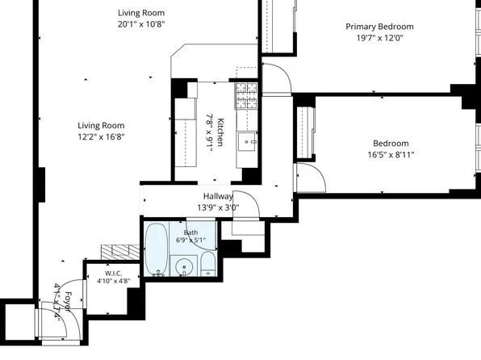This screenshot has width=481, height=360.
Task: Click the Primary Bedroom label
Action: tap(379, 27)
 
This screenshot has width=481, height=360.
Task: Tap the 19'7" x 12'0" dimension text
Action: tap(379, 38)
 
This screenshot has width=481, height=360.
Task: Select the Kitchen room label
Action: tap(220, 132)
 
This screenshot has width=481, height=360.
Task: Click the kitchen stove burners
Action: tap(246, 95)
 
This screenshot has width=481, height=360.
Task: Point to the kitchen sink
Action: tap(247, 142)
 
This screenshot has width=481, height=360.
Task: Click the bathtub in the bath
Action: tap(157, 249)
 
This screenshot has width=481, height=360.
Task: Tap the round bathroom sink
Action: tap(184, 266)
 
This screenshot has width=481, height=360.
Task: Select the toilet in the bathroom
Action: tap(208, 264)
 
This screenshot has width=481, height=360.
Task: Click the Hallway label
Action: tap(218, 196)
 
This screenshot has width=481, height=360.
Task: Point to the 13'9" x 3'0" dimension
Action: tap(218, 207)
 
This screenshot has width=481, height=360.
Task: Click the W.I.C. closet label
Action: tap(114, 273)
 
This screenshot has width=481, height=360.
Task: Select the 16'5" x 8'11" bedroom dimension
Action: tap(391, 154)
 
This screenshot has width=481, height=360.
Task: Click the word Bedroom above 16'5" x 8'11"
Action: tap(391, 144)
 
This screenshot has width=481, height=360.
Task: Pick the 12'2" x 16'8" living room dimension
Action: tap(101, 136)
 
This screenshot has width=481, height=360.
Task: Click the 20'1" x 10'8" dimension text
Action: tap(141, 24)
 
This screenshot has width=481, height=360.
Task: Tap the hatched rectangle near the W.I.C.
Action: tap(120, 253)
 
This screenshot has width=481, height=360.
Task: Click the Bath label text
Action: tap(190, 232)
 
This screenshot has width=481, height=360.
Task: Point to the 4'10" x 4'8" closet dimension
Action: tap(114, 281)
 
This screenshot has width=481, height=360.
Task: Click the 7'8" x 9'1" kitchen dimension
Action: tap(210, 133)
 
